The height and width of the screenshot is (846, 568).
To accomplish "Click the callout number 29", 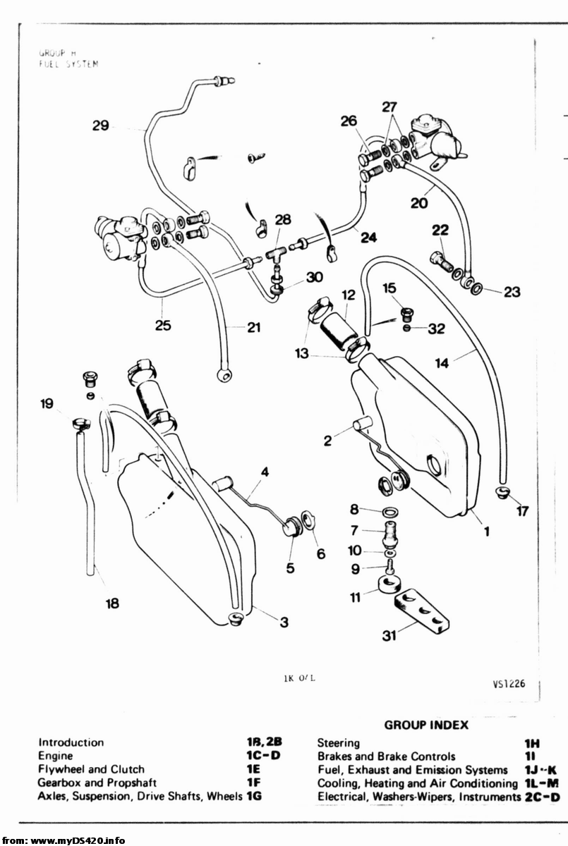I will point(101,125).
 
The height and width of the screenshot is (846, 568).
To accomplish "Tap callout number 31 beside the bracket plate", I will point(388,636).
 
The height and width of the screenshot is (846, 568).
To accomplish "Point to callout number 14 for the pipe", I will point(442,363).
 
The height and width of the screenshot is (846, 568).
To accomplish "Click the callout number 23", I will point(512,291).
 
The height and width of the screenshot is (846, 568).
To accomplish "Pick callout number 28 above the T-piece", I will point(282,220).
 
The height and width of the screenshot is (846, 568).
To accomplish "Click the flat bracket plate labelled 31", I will point(422,610).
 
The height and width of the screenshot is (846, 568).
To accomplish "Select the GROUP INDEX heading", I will point(426,725).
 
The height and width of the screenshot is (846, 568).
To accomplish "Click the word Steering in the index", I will point(339,743).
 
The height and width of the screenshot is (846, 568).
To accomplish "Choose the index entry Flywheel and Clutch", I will point(91,769).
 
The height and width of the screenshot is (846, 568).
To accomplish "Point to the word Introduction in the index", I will point(71,742).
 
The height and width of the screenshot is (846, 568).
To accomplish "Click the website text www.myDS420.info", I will point(78,840).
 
